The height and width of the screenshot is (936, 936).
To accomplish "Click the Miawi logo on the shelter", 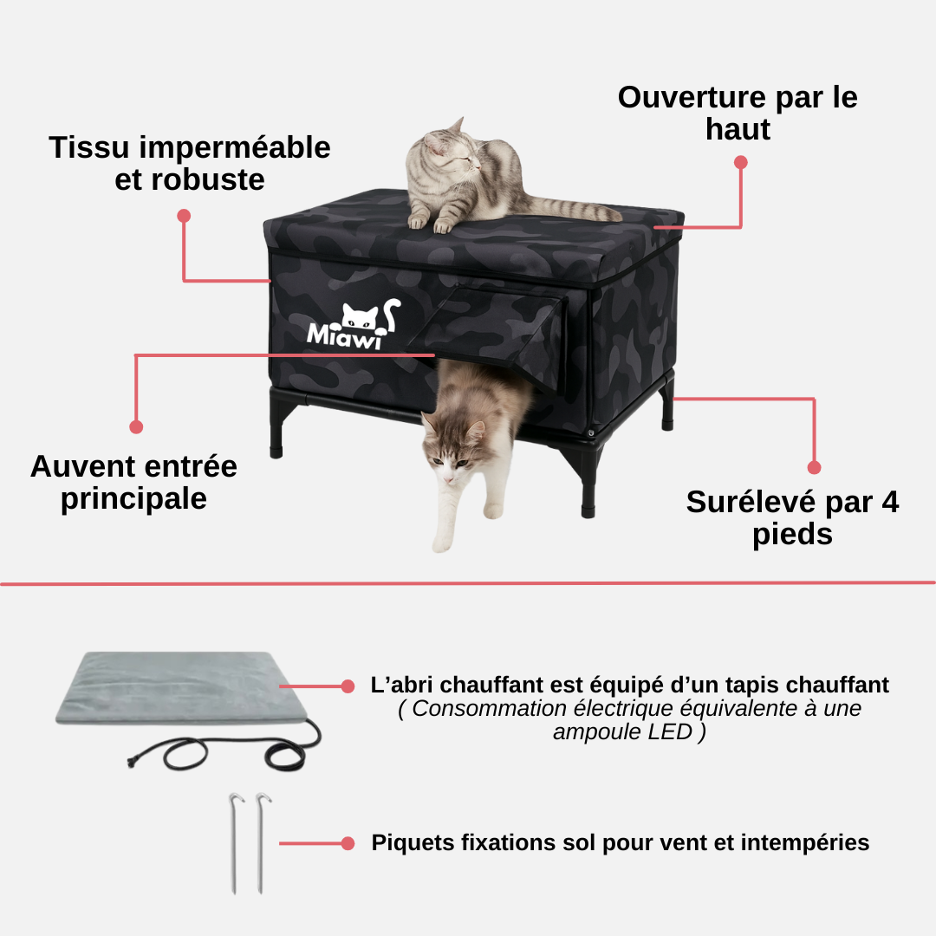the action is pyautogui.click(x=354, y=324).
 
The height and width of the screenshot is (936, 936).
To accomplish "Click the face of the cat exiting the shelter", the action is pyautogui.click(x=453, y=457).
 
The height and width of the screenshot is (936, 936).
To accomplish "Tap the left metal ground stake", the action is pyautogui.click(x=235, y=842).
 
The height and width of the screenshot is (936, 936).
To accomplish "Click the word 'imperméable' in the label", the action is pyautogui.click(x=235, y=148).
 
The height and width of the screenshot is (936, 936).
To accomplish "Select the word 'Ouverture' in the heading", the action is pyautogui.click(x=692, y=97).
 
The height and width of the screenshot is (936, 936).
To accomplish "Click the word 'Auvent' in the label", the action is pyautogui.click(x=81, y=466).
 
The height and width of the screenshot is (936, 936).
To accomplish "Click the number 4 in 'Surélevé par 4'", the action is pyautogui.click(x=890, y=502).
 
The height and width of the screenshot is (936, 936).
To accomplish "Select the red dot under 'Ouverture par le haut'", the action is pyautogui.click(x=741, y=162).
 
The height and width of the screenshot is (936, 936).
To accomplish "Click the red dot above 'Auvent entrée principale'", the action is pyautogui.click(x=136, y=426).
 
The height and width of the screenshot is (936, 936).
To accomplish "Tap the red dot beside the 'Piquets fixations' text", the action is pyautogui.click(x=348, y=843).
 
